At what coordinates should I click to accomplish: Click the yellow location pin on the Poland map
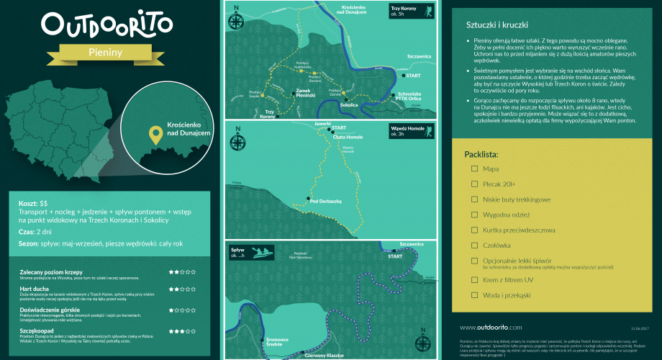coord(154,134)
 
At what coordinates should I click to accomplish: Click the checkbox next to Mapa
coord(474,168)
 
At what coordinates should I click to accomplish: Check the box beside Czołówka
coord(474,245)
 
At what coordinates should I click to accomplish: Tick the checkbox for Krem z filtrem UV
coord(474,280)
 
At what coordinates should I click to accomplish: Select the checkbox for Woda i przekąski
coord(474,295)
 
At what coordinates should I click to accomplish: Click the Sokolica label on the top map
coord(349,105)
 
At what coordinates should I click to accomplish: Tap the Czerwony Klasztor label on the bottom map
coord(325,354)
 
